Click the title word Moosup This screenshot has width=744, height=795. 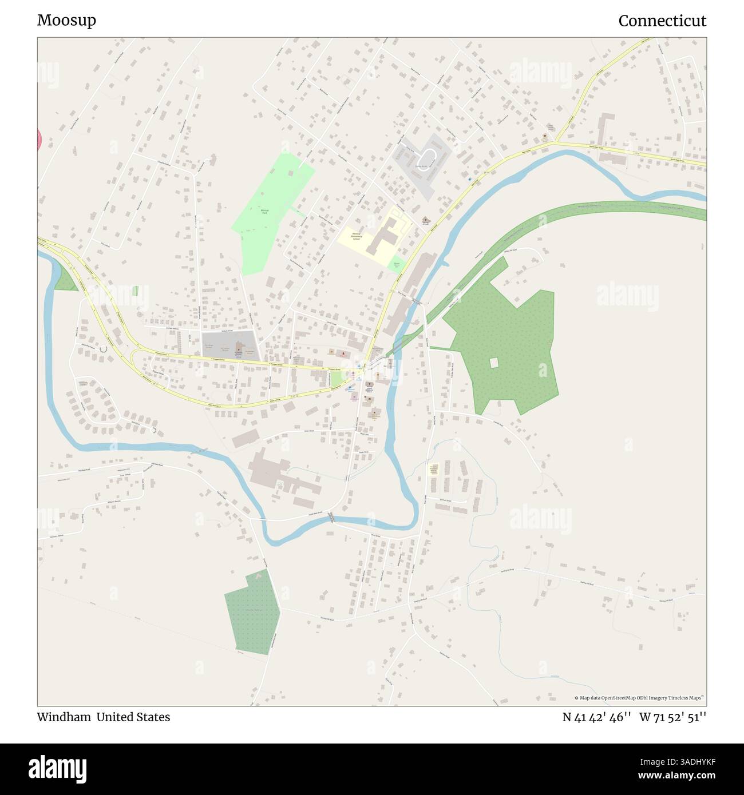click(x=66, y=21)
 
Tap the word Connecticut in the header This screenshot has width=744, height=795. click(x=662, y=21)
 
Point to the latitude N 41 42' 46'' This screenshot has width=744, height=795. click(x=597, y=717)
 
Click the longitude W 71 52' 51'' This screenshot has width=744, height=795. click(x=673, y=717)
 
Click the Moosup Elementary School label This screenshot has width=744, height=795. click(x=356, y=236)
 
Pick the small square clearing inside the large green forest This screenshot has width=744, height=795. click(x=494, y=363)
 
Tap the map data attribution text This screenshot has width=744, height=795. click(x=640, y=698)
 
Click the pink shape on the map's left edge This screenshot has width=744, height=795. click(x=39, y=140)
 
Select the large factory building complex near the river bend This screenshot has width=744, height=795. click(x=280, y=475)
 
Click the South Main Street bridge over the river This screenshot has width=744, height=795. click(x=331, y=518)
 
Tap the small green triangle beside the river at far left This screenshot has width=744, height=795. click(x=65, y=280)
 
